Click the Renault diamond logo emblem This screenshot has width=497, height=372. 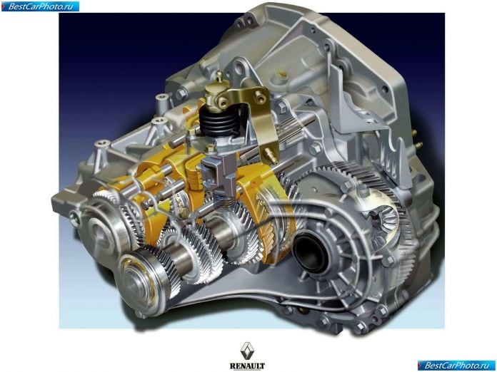click(247, 351)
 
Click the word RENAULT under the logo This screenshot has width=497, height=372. click(247, 366)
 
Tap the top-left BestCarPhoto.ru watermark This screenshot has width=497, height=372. click(40, 6)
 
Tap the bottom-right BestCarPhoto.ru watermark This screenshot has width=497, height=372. click(456, 366)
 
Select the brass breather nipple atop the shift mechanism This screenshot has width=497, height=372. click(219, 77)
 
